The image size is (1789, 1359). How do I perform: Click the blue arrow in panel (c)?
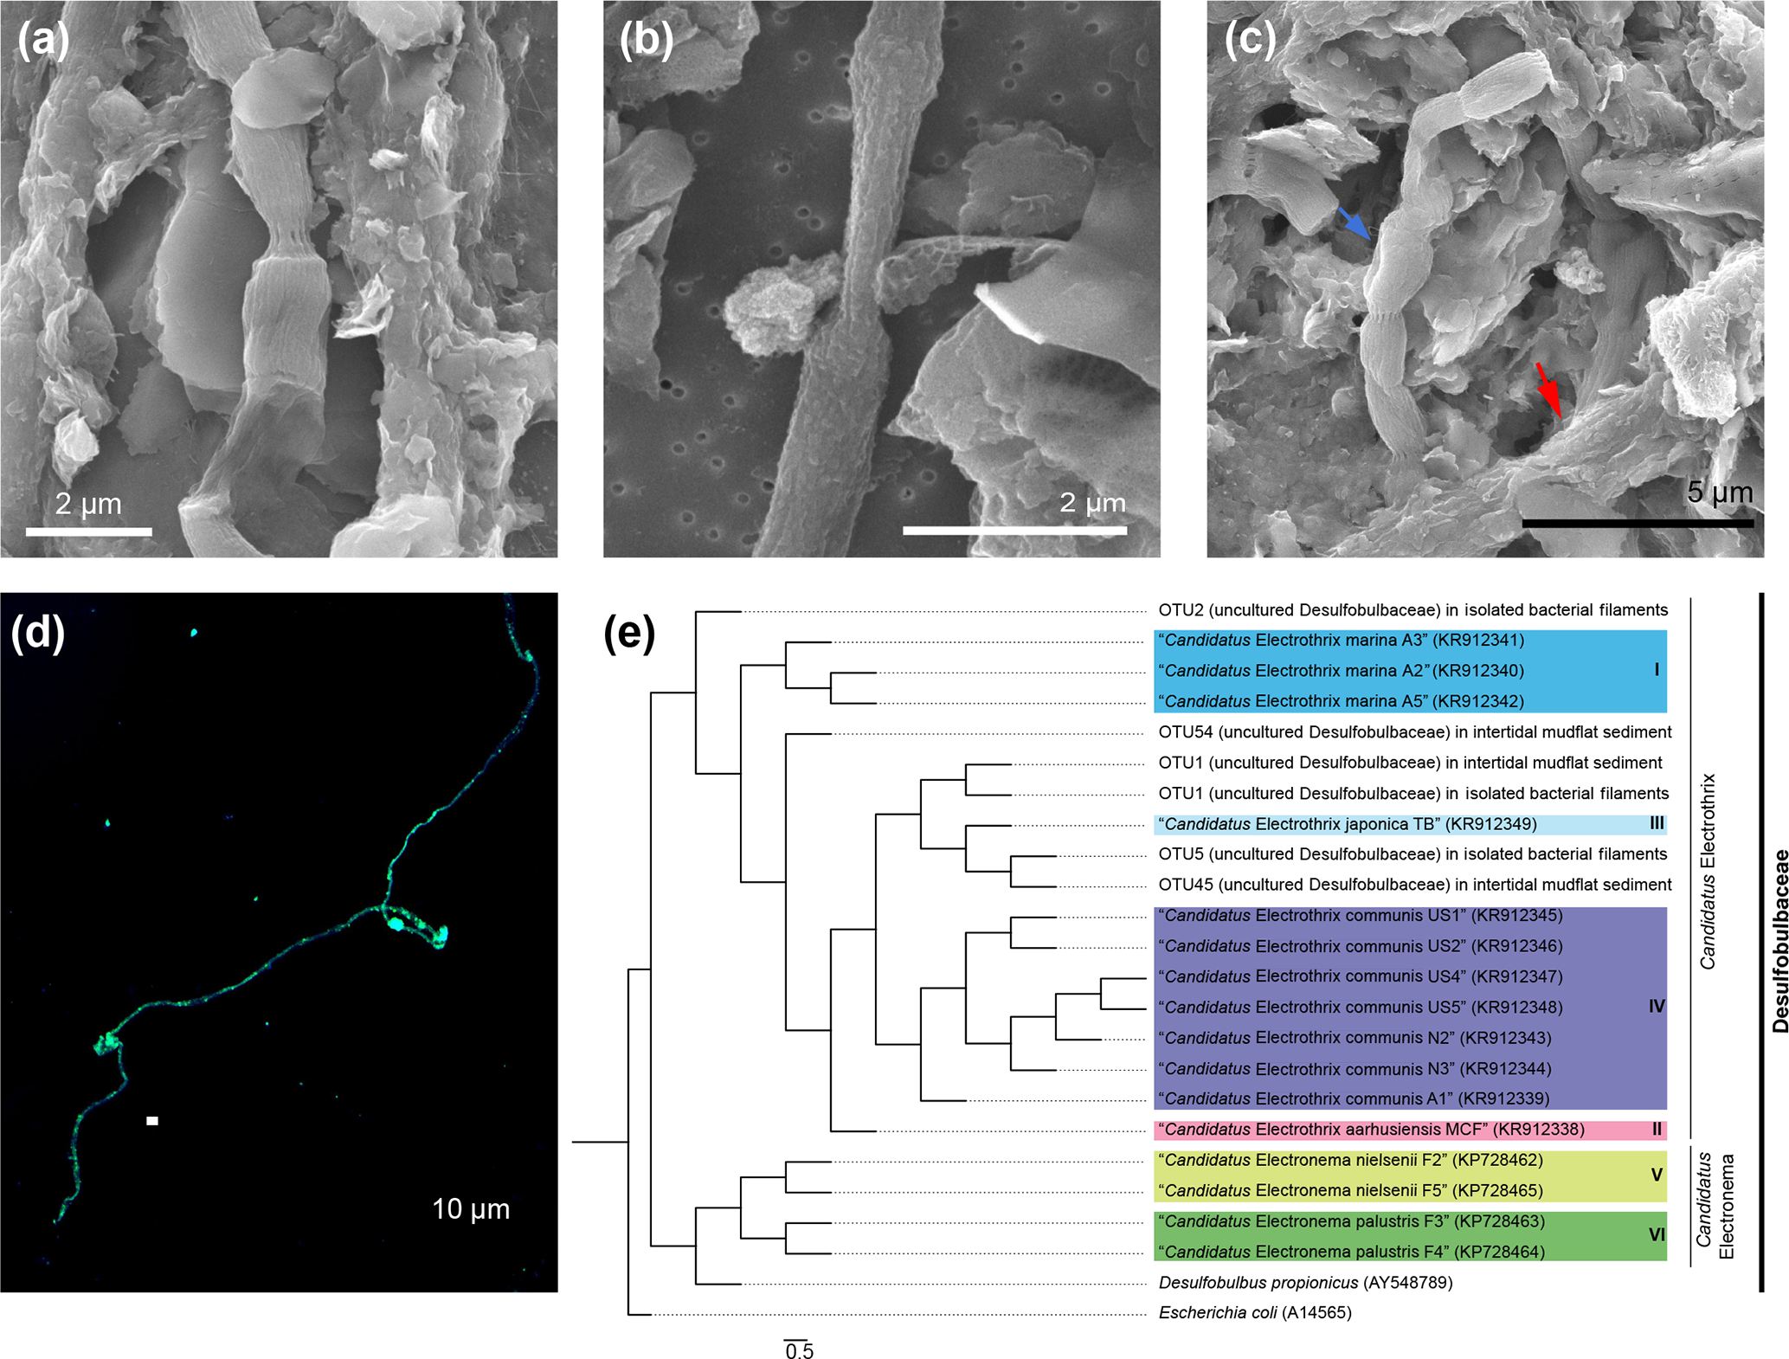(x=1355, y=224)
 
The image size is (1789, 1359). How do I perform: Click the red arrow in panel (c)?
(x=1548, y=392)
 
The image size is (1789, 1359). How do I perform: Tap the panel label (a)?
(x=43, y=39)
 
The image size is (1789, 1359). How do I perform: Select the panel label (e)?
(x=629, y=634)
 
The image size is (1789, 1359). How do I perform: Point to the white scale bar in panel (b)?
(x=1014, y=530)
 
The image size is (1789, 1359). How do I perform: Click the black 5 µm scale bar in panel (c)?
(x=1638, y=523)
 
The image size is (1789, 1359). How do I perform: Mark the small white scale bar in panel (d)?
(x=152, y=1121)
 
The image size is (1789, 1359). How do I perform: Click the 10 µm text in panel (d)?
(x=471, y=1208)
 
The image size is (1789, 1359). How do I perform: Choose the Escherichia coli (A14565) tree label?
(x=1255, y=1312)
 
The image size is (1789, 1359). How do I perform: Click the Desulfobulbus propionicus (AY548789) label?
(x=1305, y=1282)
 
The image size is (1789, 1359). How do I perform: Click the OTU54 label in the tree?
(x=1414, y=732)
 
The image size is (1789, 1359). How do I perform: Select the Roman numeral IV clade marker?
(x=1657, y=1006)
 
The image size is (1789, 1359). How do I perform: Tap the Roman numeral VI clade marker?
(x=1657, y=1235)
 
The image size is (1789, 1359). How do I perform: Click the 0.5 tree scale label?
(x=799, y=1350)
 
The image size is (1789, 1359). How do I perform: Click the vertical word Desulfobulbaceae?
(x=1779, y=942)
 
